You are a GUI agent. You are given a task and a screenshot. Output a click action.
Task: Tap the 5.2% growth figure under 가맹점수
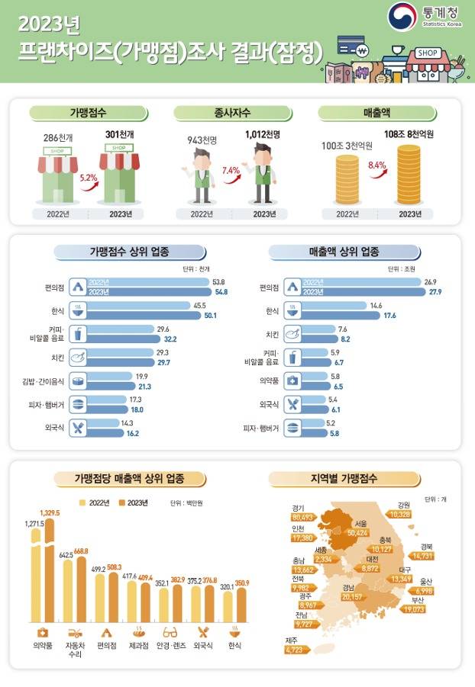tap(87, 177)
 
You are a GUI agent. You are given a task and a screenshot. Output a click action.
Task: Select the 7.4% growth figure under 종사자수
tap(231, 171)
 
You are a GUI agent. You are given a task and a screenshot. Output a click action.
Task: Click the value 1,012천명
tap(263, 134)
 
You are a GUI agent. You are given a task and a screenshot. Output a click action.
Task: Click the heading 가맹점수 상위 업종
tap(129, 252)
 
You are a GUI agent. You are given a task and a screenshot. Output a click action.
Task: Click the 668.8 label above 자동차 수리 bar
tap(81, 551)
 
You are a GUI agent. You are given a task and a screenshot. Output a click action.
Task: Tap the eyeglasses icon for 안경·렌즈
tap(170, 632)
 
